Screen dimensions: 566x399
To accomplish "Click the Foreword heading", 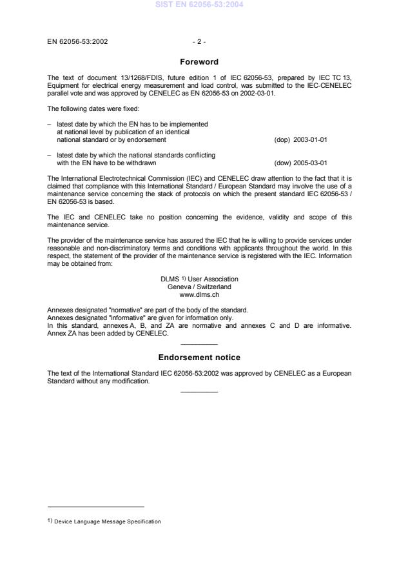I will click(x=199, y=62).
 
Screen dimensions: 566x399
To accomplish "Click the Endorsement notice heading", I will click(x=199, y=357).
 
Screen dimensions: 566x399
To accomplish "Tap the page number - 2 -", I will click(x=199, y=42).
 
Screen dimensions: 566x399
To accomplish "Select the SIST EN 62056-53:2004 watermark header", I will click(x=199, y=5).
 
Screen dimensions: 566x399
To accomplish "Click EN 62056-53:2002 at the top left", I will click(x=78, y=42).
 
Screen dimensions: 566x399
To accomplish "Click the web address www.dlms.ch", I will click(x=199, y=294).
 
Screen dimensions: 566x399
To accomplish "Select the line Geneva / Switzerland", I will click(x=199, y=287).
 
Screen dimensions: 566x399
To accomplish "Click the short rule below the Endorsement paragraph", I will click(x=199, y=391).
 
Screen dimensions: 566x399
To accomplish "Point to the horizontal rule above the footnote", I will click(x=96, y=507).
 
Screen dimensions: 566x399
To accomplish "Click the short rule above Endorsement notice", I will click(x=199, y=344).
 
